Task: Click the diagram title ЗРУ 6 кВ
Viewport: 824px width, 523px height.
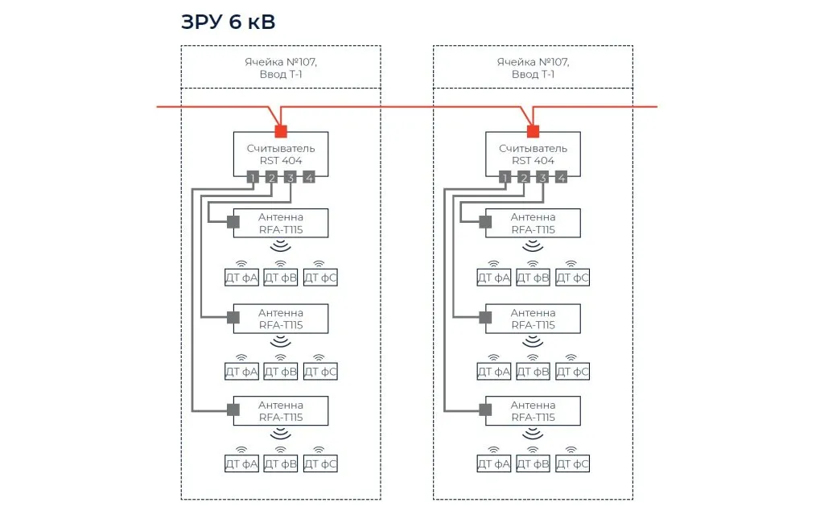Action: [229, 23]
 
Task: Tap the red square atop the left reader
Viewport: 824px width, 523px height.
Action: [281, 131]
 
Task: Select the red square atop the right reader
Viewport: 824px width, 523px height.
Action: [533, 131]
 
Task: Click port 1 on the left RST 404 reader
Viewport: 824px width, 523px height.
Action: [253, 178]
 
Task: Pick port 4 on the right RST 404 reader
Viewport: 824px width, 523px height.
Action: [562, 178]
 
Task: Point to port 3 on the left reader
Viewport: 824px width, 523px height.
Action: [290, 178]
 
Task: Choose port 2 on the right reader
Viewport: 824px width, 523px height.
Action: [524, 178]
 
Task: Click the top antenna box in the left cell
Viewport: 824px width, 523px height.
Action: [281, 224]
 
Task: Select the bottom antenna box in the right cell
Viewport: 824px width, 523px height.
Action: [533, 411]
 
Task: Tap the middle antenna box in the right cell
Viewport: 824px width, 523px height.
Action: [533, 319]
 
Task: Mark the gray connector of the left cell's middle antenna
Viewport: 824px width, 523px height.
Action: [233, 318]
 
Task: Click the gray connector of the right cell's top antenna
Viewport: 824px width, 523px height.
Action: [485, 222]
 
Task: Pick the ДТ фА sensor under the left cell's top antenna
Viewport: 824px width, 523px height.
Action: [241, 278]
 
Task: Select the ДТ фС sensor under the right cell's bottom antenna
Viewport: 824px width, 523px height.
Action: [572, 464]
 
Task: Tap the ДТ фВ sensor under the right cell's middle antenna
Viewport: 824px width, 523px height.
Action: [533, 372]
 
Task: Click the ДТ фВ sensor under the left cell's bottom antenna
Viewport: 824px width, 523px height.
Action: [281, 464]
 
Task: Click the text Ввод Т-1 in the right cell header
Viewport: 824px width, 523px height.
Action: [533, 74]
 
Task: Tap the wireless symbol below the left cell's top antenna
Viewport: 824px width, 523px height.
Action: [281, 246]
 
